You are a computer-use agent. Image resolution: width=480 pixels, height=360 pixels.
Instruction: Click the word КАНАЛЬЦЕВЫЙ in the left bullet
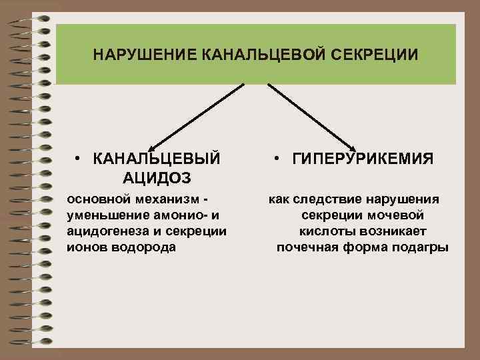(157, 159)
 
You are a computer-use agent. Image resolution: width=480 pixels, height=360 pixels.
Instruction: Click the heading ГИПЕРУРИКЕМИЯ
(363, 159)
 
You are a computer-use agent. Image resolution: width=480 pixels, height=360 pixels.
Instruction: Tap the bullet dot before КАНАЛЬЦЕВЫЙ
(78, 159)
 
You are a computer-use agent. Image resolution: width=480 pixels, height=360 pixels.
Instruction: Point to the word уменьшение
(105, 215)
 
